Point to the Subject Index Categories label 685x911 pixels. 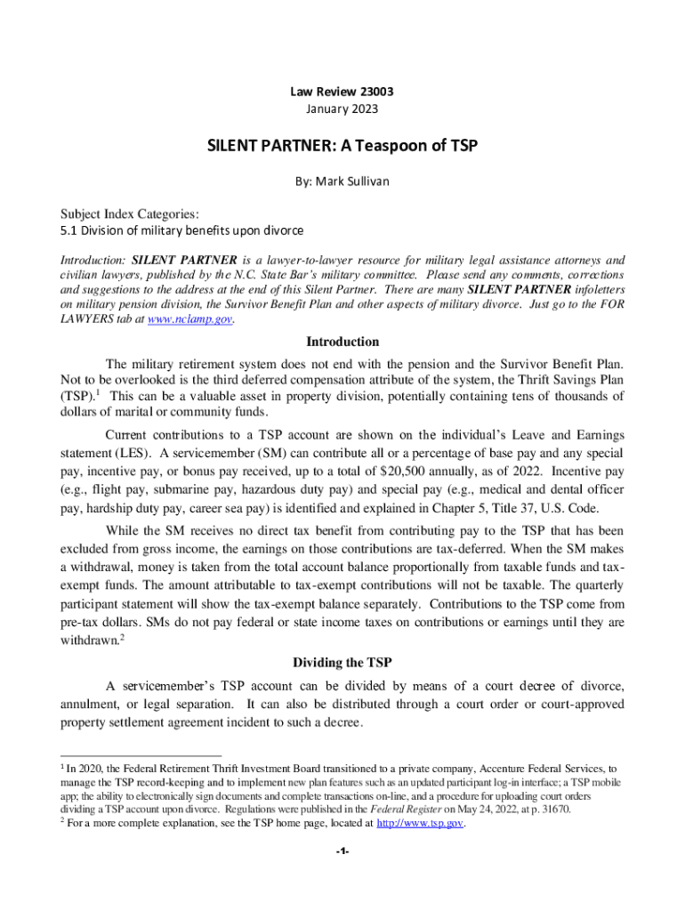point(129,214)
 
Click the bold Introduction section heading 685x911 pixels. point(342,342)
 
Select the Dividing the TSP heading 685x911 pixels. point(342,662)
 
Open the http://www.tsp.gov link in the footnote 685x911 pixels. point(419,824)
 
